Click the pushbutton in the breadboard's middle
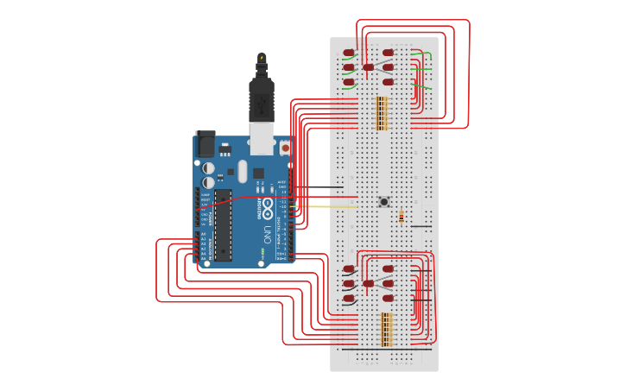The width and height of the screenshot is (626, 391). pyautogui.click(x=384, y=202)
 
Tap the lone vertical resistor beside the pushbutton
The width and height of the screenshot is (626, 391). pyautogui.click(x=402, y=218)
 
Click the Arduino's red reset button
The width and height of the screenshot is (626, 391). pyautogui.click(x=285, y=148)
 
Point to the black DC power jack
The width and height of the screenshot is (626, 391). pyautogui.click(x=206, y=143)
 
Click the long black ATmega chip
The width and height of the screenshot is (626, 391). pyautogui.click(x=223, y=225)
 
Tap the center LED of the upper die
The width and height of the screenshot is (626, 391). pyautogui.click(x=369, y=67)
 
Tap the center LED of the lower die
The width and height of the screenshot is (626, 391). pyautogui.click(x=369, y=283)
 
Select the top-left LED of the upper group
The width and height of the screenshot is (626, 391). pyautogui.click(x=349, y=53)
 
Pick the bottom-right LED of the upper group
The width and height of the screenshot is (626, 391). pyautogui.click(x=389, y=82)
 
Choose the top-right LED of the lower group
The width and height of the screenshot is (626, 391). pyautogui.click(x=389, y=269)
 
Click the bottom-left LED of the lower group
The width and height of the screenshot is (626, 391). pyautogui.click(x=349, y=299)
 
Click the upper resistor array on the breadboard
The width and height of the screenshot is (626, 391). pyautogui.click(x=382, y=113)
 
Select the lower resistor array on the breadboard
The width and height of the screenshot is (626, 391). pyautogui.click(x=387, y=330)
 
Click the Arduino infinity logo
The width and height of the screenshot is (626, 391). pyautogui.click(x=268, y=208)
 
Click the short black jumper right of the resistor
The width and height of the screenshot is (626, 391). pyautogui.click(x=420, y=226)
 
